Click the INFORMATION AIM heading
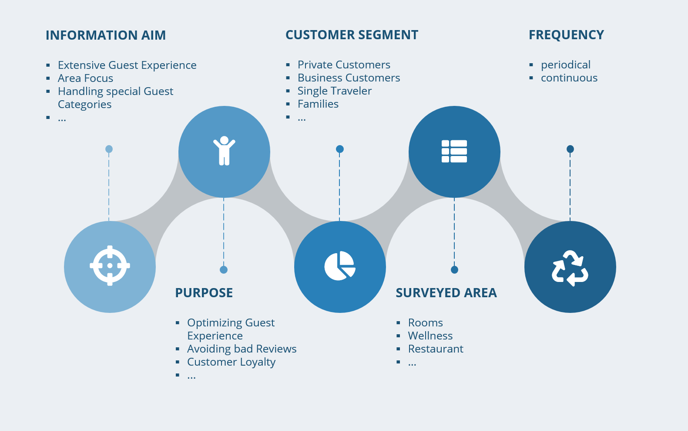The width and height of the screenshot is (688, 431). point(106,35)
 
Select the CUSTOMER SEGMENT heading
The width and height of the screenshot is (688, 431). point(352,35)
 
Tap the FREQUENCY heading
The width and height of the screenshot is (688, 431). point(566,35)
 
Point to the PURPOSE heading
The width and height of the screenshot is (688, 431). point(204,293)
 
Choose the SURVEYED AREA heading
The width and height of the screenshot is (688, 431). point(446,293)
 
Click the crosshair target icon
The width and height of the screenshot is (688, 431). point(110,265)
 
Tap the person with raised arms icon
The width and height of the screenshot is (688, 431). point(224,151)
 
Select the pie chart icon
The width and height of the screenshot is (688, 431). point(340,266)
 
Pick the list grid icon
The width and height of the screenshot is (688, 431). point(454,151)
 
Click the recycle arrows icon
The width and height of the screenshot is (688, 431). point(570,268)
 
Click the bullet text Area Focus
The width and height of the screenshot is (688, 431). point(85,78)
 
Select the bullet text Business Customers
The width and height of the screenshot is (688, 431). point(349,78)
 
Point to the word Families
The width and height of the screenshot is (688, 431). point(318,104)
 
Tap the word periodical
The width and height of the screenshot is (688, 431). point(565,65)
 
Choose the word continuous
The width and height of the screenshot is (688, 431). point(569,78)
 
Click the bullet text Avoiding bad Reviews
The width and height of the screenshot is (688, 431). point(242,349)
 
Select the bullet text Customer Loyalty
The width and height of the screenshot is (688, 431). point(231,362)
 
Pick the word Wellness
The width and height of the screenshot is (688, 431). point(430,336)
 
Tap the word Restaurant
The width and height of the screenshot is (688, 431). point(435,349)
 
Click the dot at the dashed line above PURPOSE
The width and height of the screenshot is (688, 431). point(224,270)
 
